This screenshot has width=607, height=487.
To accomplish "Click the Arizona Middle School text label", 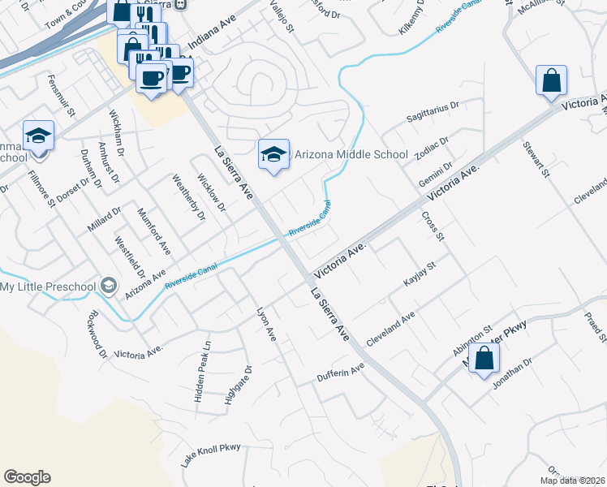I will (x=351, y=153).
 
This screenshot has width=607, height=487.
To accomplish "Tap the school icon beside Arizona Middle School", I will (x=274, y=155).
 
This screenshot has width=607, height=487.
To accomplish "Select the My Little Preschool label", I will (x=48, y=287).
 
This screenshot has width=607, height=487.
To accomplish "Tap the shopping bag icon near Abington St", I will (x=484, y=358).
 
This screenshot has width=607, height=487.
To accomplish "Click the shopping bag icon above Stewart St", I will (x=551, y=80).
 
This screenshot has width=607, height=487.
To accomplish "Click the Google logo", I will (x=28, y=477).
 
